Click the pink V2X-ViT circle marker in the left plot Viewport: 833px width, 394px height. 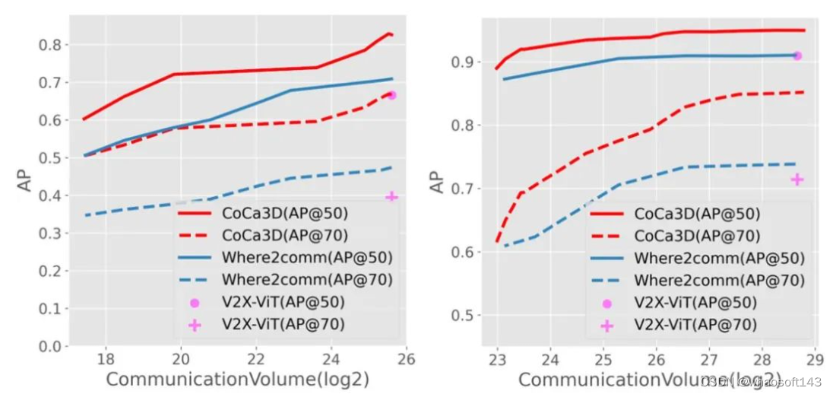pyautogui.click(x=392, y=95)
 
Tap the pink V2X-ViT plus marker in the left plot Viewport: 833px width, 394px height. pyautogui.click(x=392, y=197)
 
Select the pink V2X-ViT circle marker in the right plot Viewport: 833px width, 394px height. pyautogui.click(x=797, y=56)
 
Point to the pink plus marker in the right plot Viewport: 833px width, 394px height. pyautogui.click(x=797, y=180)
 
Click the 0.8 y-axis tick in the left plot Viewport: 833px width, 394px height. pyautogui.click(x=49, y=45)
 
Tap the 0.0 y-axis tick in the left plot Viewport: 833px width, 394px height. pyautogui.click(x=49, y=347)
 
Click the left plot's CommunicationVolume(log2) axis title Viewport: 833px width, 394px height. pyautogui.click(x=237, y=379)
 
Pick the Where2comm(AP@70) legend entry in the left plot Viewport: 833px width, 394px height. pyautogui.click(x=307, y=280)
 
